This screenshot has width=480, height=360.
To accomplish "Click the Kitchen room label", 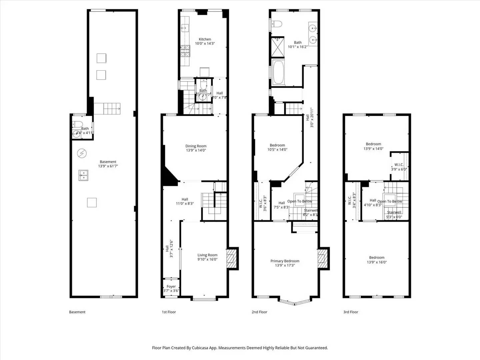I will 205,39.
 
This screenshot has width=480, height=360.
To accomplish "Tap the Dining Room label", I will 196,146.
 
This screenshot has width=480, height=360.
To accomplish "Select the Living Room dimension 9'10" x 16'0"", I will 207,259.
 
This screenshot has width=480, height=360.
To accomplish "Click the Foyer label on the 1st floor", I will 171,286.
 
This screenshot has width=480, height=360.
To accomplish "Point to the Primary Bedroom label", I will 285,261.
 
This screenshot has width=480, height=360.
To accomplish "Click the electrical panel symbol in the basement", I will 82,153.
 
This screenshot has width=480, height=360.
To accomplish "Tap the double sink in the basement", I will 83,175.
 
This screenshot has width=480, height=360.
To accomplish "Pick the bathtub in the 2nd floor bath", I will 278,72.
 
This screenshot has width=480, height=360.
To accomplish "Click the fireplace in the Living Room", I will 231,258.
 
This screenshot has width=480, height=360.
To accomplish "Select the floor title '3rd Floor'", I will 351,312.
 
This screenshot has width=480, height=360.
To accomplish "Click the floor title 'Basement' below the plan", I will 77,312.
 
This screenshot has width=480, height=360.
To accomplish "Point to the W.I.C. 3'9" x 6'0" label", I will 399,167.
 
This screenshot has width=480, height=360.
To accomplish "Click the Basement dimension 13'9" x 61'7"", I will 108,166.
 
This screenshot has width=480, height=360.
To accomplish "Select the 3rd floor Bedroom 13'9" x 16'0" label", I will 377,260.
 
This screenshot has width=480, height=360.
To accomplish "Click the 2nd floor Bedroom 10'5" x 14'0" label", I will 277,147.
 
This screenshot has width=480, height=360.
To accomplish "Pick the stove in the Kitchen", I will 185,50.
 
